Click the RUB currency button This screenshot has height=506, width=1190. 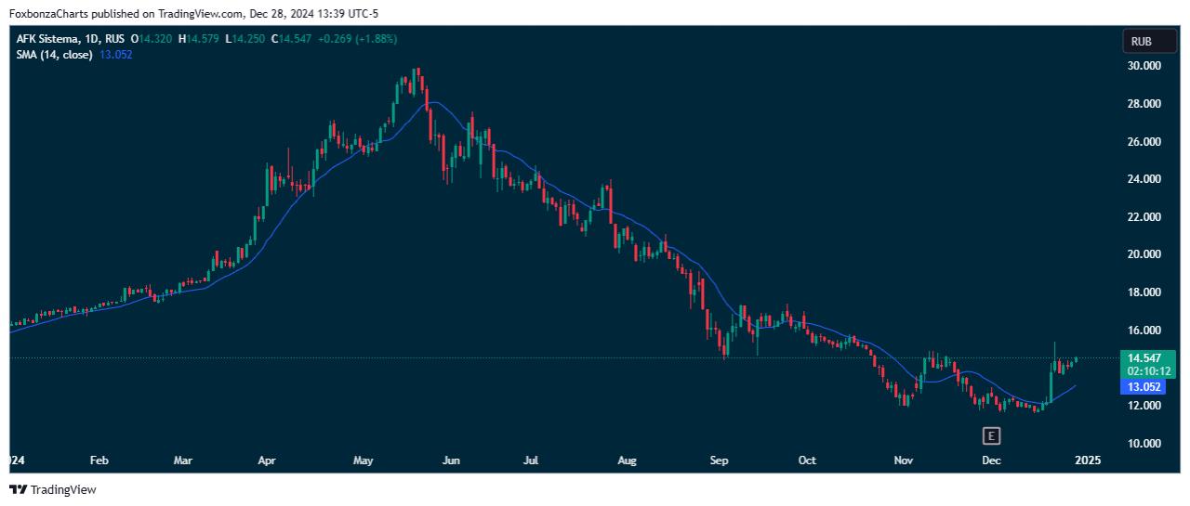(1141, 41)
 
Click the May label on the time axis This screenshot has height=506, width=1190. (363, 460)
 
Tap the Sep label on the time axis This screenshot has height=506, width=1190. (718, 460)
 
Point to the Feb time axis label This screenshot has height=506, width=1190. (99, 460)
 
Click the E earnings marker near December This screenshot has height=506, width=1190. (991, 435)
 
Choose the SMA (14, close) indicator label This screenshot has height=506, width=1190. (54, 55)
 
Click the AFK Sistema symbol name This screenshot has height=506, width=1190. (45, 39)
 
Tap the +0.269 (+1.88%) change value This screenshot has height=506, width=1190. (356, 39)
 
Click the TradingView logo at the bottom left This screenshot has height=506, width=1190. (53, 489)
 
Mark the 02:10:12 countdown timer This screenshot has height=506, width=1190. (1145, 370)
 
